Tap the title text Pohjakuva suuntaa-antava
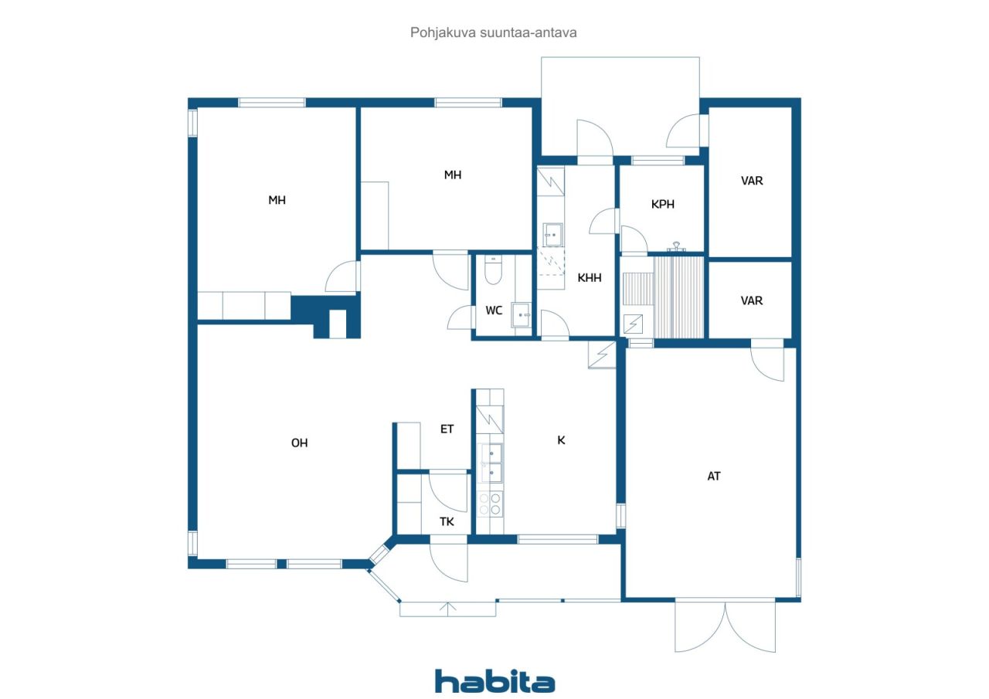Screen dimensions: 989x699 (x=493, y=32)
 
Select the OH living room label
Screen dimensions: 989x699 (x=299, y=443)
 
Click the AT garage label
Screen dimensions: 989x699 (x=714, y=476)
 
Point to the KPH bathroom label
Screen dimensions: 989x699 (x=663, y=205)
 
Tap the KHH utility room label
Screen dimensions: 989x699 (x=590, y=277)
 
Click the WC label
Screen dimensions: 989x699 (x=494, y=310)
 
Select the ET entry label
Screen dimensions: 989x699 (x=447, y=429)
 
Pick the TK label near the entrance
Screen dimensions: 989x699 (x=447, y=521)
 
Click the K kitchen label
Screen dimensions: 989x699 (x=561, y=440)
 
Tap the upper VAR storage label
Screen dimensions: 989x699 (x=752, y=181)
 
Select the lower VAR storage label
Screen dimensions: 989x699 (x=752, y=300)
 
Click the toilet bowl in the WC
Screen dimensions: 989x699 (x=493, y=270)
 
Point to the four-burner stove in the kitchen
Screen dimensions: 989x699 (x=490, y=504)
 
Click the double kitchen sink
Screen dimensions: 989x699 (x=491, y=463)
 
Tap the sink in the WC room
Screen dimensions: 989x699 (x=521, y=314)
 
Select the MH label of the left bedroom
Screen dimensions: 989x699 (x=277, y=200)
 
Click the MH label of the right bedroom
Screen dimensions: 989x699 (x=453, y=175)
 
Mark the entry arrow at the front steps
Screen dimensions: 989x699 (x=447, y=609)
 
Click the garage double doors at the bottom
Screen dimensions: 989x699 (x=725, y=626)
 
